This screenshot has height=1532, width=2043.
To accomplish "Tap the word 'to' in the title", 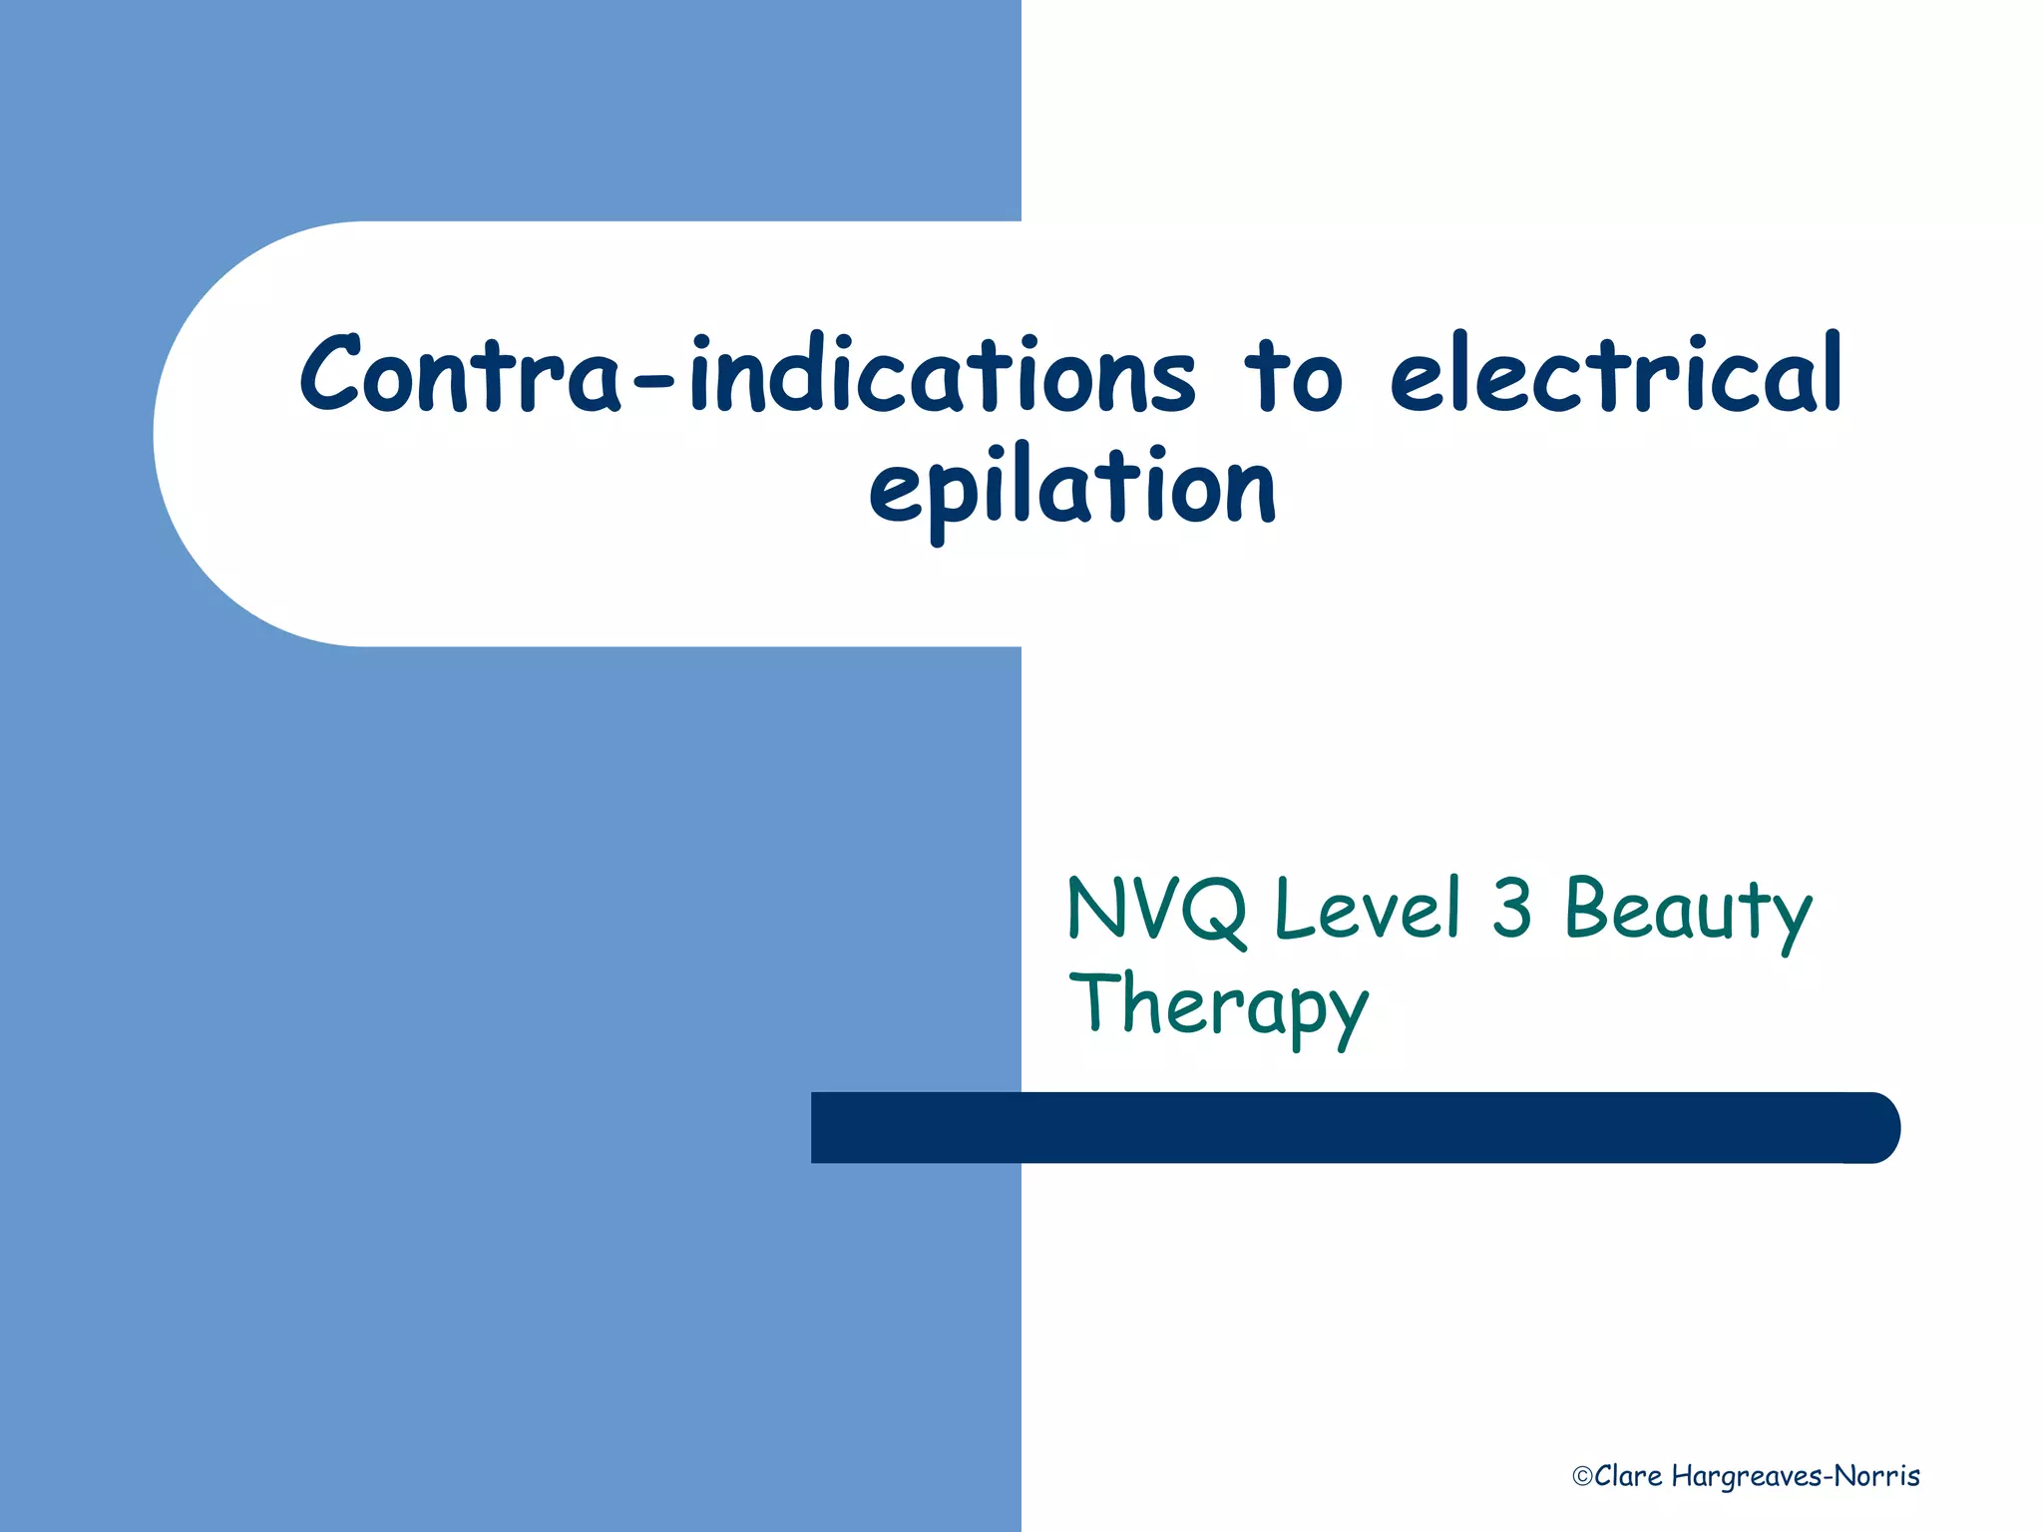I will tap(1293, 377).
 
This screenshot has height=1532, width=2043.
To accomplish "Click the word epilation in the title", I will tap(1072, 489).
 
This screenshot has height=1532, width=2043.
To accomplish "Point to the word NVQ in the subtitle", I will tap(1157, 910).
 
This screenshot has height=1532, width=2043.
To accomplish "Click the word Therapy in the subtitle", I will tap(1218, 1007).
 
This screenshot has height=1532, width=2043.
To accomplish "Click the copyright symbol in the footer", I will tap(1581, 1477).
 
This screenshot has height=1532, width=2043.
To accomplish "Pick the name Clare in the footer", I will tap(1628, 1476).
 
